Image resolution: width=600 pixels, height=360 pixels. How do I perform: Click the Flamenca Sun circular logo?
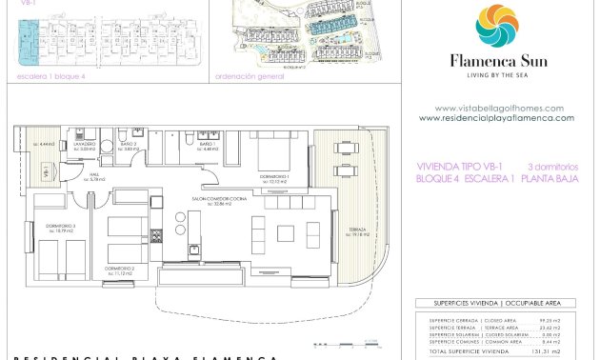(496, 26)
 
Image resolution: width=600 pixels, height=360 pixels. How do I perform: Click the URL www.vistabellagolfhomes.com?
(498, 109)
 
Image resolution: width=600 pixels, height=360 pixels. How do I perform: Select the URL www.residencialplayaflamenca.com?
(496, 118)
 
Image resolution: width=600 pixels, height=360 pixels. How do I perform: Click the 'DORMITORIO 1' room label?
(275, 176)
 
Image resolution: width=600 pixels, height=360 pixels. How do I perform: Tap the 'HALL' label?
(95, 176)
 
